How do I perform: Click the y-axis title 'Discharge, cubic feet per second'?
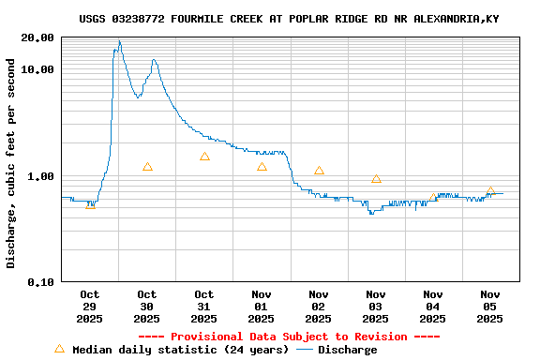pos(11,163)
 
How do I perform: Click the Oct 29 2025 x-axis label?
pos(90,307)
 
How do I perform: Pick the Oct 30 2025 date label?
pos(147,307)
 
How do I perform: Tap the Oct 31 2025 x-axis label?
pos(204,307)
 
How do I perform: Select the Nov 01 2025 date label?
pos(262,307)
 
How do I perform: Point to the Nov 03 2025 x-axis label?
pos(376,307)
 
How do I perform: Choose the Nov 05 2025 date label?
pos(490,307)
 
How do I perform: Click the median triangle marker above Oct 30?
pos(147,167)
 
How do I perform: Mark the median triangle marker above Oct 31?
pos(204,157)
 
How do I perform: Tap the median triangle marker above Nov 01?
pos(262,167)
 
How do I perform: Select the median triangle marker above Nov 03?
pos(376,179)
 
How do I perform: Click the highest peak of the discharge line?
pos(119,41)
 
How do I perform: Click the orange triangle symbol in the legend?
pos(60,349)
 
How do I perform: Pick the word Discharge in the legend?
pos(348,350)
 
